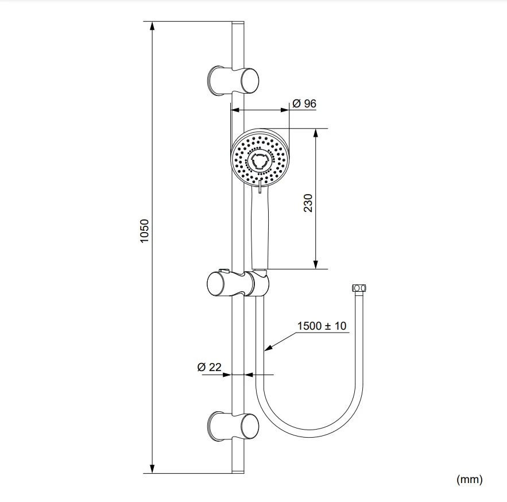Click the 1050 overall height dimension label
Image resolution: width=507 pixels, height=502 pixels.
144,230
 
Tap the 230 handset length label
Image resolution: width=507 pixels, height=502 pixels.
308,203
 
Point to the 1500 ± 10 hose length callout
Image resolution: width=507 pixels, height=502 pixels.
322,326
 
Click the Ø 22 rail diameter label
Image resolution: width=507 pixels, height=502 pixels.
209,368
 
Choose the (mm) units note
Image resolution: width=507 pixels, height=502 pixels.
469,478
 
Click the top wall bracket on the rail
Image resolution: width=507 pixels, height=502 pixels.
233,80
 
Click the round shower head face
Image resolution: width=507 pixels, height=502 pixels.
260,156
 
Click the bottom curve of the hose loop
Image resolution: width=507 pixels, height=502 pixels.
310,435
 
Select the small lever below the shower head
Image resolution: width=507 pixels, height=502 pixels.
260,189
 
